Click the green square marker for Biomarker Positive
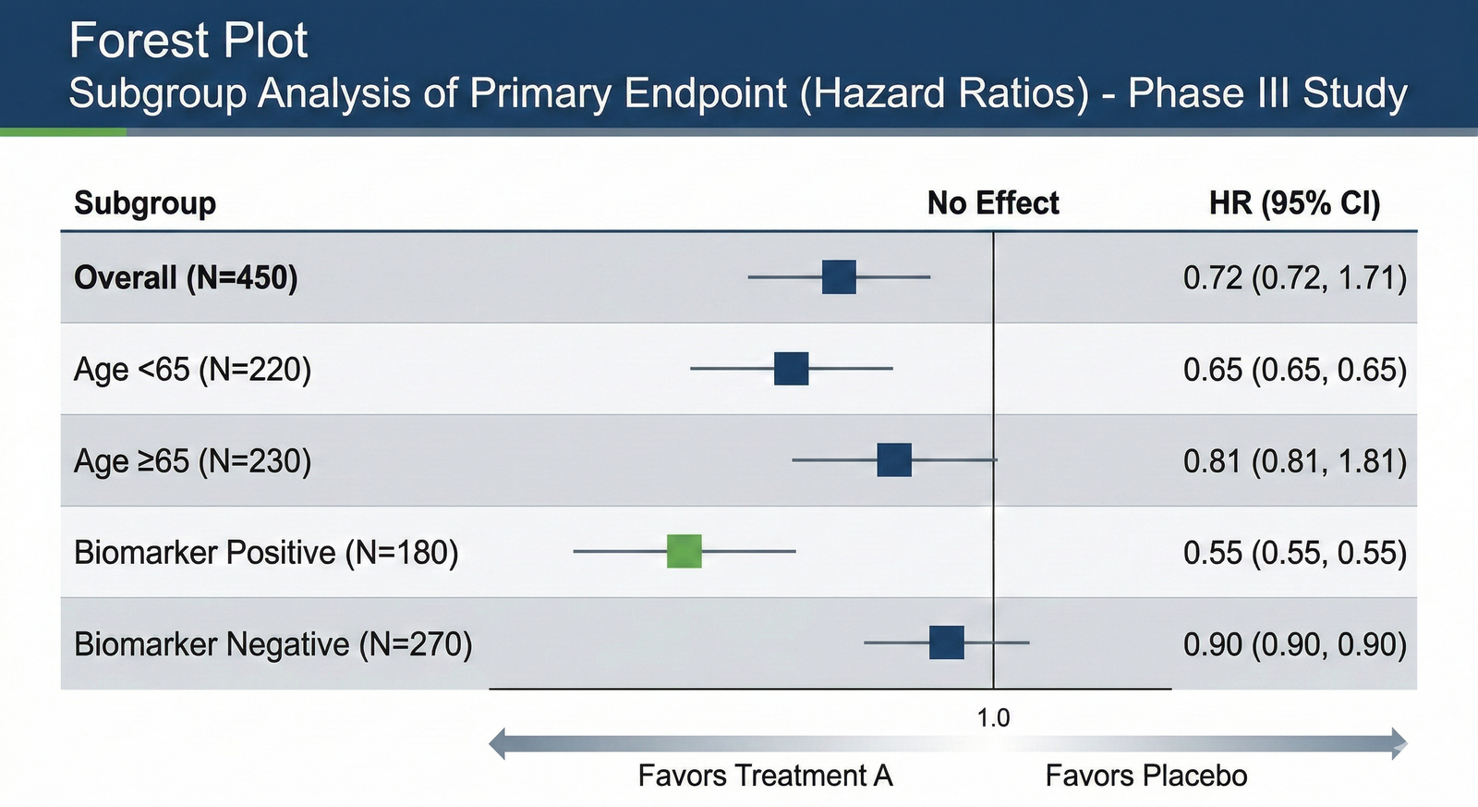(x=684, y=551)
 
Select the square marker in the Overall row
(x=839, y=276)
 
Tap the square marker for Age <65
(x=792, y=368)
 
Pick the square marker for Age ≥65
(x=894, y=459)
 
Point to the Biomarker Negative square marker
(x=947, y=642)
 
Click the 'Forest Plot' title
(x=188, y=41)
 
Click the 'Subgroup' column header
(x=145, y=202)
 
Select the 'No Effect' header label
(x=993, y=202)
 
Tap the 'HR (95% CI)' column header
(x=1294, y=202)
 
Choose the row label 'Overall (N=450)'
(x=186, y=277)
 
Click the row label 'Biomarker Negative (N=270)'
(x=273, y=643)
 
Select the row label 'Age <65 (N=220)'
(x=192, y=369)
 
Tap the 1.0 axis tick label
(x=993, y=718)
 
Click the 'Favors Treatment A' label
(x=765, y=776)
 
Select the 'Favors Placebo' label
(x=1145, y=776)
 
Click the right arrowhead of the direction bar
(x=1399, y=743)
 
